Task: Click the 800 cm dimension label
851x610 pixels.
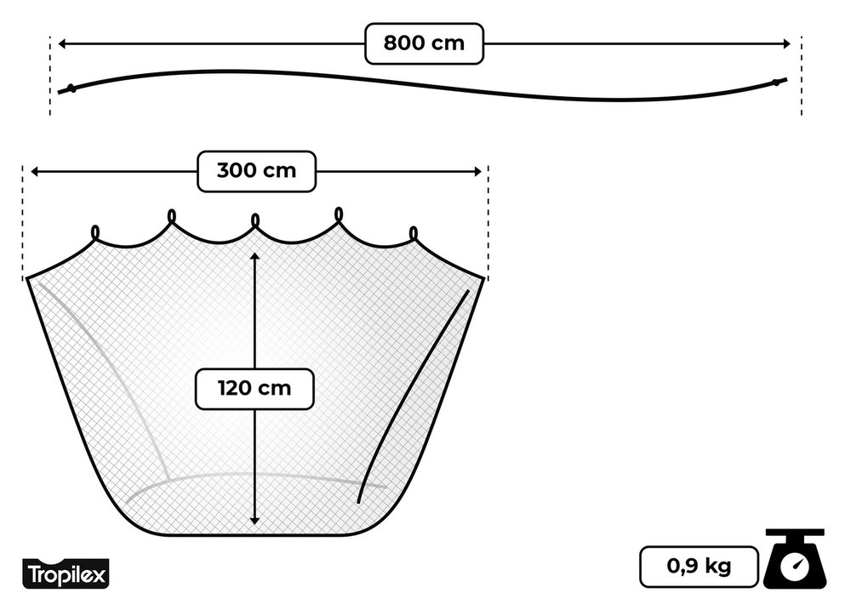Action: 424,43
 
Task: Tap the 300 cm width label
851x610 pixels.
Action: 256,171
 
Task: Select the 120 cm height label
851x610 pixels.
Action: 254,389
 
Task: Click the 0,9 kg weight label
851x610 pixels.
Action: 698,566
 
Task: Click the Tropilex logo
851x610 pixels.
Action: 65,575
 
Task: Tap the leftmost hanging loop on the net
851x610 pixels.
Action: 95,233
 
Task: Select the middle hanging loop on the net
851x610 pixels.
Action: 255,220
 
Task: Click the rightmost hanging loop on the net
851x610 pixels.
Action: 414,233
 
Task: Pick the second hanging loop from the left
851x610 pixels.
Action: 172,216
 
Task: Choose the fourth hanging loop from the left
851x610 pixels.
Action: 339,214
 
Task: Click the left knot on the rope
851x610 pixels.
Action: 72,88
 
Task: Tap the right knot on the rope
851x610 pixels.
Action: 776,83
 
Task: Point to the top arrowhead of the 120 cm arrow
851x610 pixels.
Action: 255,256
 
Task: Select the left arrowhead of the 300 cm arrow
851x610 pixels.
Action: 36,172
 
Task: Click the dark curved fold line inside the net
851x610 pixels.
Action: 413,396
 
